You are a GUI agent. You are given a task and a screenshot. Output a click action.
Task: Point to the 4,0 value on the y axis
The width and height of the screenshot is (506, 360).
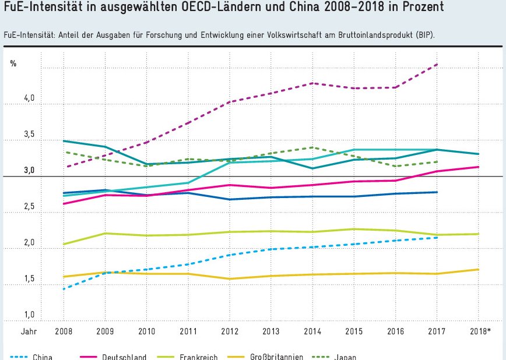click(x=29, y=100)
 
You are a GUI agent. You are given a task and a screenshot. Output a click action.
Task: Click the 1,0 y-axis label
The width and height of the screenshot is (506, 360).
click(x=29, y=315)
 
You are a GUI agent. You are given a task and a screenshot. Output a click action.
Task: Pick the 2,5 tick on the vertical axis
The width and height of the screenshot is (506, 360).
click(x=29, y=207)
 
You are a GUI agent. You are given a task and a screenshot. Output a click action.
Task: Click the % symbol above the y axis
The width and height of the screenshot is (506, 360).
click(x=13, y=63)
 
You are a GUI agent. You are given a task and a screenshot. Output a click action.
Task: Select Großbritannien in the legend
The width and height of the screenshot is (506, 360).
click(x=276, y=357)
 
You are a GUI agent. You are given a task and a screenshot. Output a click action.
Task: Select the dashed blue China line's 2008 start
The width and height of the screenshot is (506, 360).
click(x=64, y=288)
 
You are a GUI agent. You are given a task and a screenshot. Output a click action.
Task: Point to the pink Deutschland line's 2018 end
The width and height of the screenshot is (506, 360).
click(x=479, y=167)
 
